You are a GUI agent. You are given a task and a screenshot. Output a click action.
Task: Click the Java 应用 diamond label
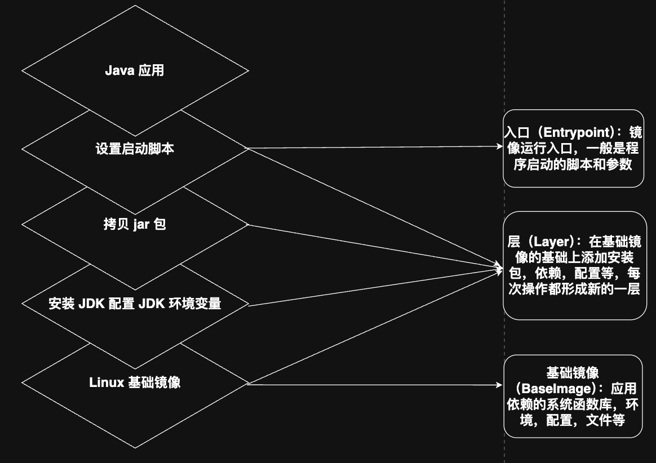(135, 71)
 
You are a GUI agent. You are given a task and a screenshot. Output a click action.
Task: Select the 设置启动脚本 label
(135, 149)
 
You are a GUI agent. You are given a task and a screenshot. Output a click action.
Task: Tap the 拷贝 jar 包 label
(135, 225)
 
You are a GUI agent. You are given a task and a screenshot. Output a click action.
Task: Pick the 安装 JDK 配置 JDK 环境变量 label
(135, 304)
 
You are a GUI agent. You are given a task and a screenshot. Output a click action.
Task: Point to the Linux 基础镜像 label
(135, 382)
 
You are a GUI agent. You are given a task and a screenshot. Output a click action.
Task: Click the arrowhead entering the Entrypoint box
(499, 146)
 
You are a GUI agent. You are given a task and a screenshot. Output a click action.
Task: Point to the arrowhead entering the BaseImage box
(499, 385)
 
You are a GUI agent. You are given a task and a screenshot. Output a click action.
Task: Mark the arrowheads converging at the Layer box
(498, 269)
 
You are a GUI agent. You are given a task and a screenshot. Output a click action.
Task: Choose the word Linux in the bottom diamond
(107, 382)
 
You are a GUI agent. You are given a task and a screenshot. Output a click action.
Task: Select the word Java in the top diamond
(119, 71)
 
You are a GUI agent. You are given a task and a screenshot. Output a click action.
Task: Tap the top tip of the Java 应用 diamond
(135, 6)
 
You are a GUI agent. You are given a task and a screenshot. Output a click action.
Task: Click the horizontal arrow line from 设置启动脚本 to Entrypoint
(372, 148)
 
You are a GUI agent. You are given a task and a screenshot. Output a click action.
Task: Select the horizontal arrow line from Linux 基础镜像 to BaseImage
(372, 385)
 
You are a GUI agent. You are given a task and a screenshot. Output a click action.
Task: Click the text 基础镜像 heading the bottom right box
(572, 373)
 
